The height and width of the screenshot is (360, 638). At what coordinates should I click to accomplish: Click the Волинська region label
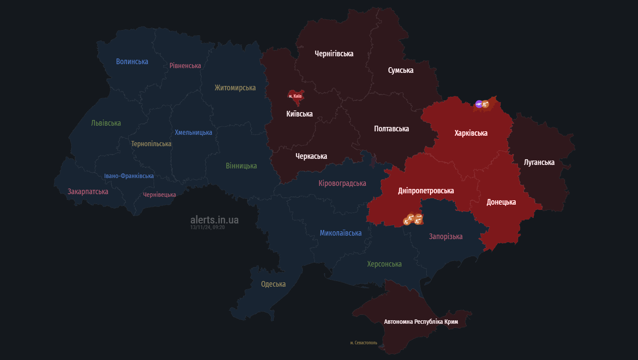pos(132,62)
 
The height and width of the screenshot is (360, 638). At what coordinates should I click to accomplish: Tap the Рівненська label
pos(185,65)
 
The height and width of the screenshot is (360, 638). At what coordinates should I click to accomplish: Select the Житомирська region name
pos(235,88)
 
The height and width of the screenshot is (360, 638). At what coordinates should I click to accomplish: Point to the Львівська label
pos(106,123)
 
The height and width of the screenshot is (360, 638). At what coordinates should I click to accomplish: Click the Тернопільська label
pos(151,144)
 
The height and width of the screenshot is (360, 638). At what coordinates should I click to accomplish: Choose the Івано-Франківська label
pos(129,176)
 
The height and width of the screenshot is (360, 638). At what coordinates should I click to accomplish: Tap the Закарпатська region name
pos(88,192)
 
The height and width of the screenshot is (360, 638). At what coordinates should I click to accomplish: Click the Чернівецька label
pos(159,195)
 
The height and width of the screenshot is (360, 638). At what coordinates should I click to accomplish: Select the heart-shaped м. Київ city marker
pos(295,97)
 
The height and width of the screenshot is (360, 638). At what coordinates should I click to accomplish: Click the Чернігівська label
pos(334,54)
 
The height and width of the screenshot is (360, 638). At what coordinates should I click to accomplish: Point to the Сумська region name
pos(401,70)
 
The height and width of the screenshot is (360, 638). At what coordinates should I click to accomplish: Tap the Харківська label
pos(471,133)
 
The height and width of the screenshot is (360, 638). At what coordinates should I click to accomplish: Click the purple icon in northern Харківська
pos(479,104)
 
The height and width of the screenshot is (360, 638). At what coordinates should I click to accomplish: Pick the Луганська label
pos(539,162)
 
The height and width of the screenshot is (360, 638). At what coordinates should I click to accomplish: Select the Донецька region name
pos(501,202)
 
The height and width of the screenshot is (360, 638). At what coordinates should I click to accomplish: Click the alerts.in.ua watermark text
pos(214,219)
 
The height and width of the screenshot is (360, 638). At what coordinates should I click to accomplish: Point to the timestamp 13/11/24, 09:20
pos(207,227)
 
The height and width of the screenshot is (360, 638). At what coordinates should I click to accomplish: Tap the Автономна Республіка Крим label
pos(421,322)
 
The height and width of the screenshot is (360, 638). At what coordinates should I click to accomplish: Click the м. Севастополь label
pos(364,343)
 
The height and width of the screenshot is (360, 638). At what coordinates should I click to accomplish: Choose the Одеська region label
pos(273,284)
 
